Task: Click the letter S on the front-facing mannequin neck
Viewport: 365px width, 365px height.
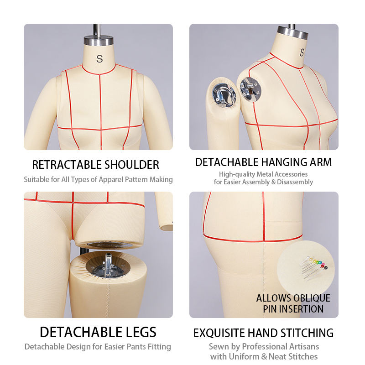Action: point(99,59)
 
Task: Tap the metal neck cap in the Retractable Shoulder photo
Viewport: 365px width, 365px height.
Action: point(99,40)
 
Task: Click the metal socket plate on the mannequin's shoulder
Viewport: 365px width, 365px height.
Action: point(250,89)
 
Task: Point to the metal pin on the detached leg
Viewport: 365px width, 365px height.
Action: point(108,263)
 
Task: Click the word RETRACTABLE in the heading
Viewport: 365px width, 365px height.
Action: point(67,165)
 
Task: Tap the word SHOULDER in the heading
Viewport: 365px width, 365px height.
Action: point(132,165)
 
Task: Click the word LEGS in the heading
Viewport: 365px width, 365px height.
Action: point(141,332)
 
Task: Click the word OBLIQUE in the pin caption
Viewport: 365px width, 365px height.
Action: point(312,298)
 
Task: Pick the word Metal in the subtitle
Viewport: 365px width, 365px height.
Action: point(264,174)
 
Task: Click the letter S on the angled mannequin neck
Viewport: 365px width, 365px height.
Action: point(302,52)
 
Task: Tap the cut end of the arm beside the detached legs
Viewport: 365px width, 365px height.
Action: point(166,227)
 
